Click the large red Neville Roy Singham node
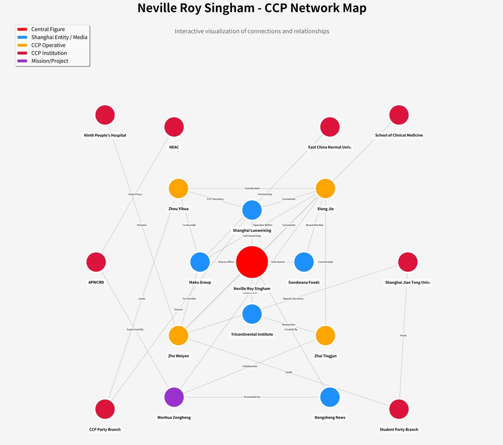(x=252, y=262)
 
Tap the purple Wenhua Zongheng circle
(x=174, y=397)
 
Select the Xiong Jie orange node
(x=325, y=188)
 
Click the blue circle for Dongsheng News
(x=330, y=397)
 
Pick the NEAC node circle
(x=174, y=127)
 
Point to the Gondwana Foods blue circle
(x=304, y=262)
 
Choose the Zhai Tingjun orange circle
(x=325, y=336)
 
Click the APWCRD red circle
(x=96, y=262)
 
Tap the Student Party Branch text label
(x=399, y=429)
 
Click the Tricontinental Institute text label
(x=252, y=335)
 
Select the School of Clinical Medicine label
(x=399, y=135)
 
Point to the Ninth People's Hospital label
(x=105, y=135)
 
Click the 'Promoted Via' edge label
(x=252, y=397)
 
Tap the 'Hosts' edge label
(x=404, y=336)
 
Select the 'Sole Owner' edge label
(x=278, y=262)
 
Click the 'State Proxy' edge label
(x=135, y=194)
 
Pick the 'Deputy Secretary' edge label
(x=293, y=299)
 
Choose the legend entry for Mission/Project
(x=50, y=61)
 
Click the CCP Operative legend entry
(x=48, y=45)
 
